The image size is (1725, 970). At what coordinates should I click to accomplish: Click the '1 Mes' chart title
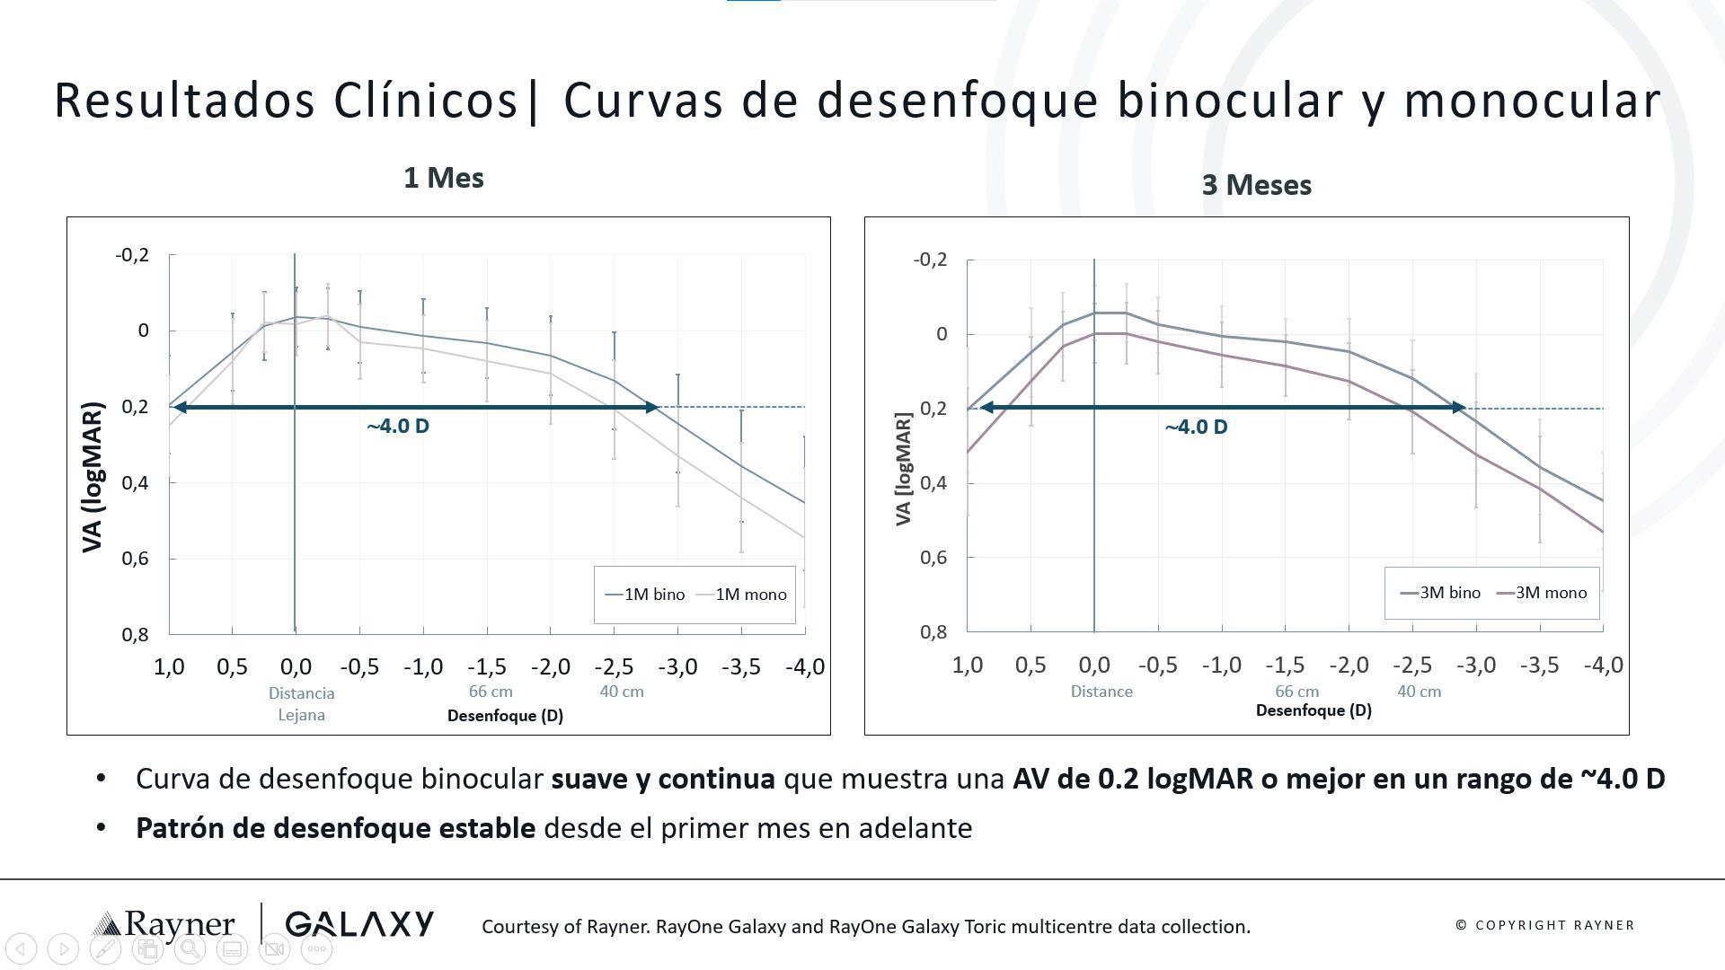pyautogui.click(x=444, y=178)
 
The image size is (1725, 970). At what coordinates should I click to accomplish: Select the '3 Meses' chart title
pyautogui.click(x=1256, y=185)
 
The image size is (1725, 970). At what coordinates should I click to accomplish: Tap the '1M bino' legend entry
pyautogui.click(x=646, y=595)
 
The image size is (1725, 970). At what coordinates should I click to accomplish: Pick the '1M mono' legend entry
pyautogui.click(x=743, y=595)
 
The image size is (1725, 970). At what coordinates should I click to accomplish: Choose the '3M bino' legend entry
pyautogui.click(x=1441, y=593)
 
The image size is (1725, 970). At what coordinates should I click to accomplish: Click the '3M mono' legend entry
pyautogui.click(x=1543, y=593)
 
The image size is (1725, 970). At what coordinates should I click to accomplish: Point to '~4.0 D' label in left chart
pyautogui.click(x=398, y=427)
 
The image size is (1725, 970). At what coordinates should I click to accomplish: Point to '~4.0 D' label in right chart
pyautogui.click(x=1196, y=428)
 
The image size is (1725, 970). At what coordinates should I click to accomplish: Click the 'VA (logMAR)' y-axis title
pyautogui.click(x=93, y=477)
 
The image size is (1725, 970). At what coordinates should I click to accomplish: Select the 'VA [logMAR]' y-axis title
pyautogui.click(x=903, y=469)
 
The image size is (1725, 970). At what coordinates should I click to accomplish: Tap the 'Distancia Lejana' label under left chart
pyautogui.click(x=301, y=704)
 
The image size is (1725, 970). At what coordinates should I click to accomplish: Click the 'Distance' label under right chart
pyautogui.click(x=1101, y=692)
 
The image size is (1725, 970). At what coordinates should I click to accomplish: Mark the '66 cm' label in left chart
pyautogui.click(x=491, y=692)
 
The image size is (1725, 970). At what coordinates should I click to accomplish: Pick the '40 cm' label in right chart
pyautogui.click(x=1419, y=692)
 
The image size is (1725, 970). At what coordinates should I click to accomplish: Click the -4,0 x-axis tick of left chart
pyautogui.click(x=804, y=667)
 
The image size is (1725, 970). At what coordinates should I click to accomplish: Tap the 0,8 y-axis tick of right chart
pyautogui.click(x=933, y=632)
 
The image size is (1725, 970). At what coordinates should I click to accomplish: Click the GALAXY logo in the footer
pyautogui.click(x=359, y=924)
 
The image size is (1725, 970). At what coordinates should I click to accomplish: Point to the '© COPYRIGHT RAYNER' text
pyautogui.click(x=1544, y=925)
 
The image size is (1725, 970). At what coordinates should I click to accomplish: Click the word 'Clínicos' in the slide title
pyautogui.click(x=426, y=101)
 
